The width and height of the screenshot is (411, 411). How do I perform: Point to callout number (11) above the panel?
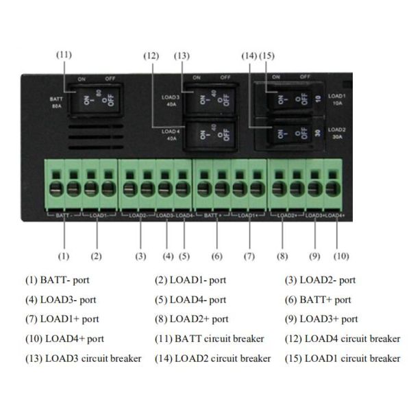tap(64, 54)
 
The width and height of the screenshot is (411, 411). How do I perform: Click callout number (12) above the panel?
tap(151, 54)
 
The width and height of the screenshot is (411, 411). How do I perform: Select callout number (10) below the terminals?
tap(340, 256)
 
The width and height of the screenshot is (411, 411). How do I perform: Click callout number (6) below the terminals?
tap(217, 256)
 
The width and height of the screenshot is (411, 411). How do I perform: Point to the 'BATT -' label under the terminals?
tap(64, 215)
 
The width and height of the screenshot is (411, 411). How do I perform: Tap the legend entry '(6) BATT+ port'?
tap(318, 300)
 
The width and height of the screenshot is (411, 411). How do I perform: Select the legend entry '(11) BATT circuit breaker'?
tap(210, 338)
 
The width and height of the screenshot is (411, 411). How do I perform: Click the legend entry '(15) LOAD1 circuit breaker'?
tap(342, 358)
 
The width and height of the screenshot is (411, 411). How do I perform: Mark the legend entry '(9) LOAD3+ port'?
tap(321, 319)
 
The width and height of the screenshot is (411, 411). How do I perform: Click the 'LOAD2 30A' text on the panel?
tap(336, 133)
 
